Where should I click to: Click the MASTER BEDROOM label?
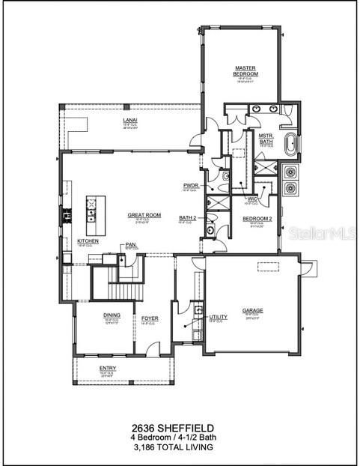(x=245, y=71)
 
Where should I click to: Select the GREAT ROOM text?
(x=141, y=214)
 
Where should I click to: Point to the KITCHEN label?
(x=88, y=240)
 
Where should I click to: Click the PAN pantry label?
(x=130, y=244)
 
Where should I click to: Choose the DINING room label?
(x=112, y=316)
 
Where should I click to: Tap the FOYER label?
(x=150, y=318)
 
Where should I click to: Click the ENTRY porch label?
(x=109, y=368)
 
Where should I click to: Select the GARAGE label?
(x=252, y=310)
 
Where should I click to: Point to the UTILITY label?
(x=218, y=317)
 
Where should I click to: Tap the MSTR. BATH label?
(x=266, y=139)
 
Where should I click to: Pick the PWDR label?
(x=189, y=186)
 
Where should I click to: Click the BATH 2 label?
(x=187, y=218)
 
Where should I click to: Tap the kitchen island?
(x=91, y=209)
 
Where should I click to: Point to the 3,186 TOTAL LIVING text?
(x=180, y=447)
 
